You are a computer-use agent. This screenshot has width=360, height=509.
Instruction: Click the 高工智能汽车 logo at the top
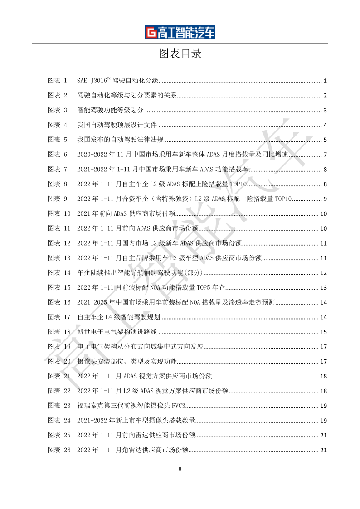tap(180, 33)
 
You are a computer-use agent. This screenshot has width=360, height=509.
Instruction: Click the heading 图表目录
tap(180, 54)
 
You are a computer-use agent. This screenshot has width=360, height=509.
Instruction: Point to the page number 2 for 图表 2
tap(325, 96)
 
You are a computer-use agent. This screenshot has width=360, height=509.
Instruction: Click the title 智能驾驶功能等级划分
tap(110, 110)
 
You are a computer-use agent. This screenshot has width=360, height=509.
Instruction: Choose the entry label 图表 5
tap(58, 140)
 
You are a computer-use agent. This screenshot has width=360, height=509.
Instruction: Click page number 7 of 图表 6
tap(325, 155)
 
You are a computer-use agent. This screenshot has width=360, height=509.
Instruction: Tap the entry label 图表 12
tap(59, 243)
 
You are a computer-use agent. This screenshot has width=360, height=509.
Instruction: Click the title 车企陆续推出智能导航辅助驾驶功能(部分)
tap(139, 273)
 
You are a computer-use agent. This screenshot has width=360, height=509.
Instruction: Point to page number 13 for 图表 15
tap(324, 288)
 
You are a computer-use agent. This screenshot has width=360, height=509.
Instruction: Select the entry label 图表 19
tap(59, 347)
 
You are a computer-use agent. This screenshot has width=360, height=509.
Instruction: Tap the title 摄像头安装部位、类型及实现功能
tap(126, 361)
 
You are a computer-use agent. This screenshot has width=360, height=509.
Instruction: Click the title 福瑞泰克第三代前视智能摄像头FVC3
tap(131, 406)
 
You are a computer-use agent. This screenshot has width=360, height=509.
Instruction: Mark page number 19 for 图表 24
tap(324, 421)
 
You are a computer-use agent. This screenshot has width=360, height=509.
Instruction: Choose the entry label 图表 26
tap(59, 450)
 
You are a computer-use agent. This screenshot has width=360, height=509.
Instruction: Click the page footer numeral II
tap(180, 469)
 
